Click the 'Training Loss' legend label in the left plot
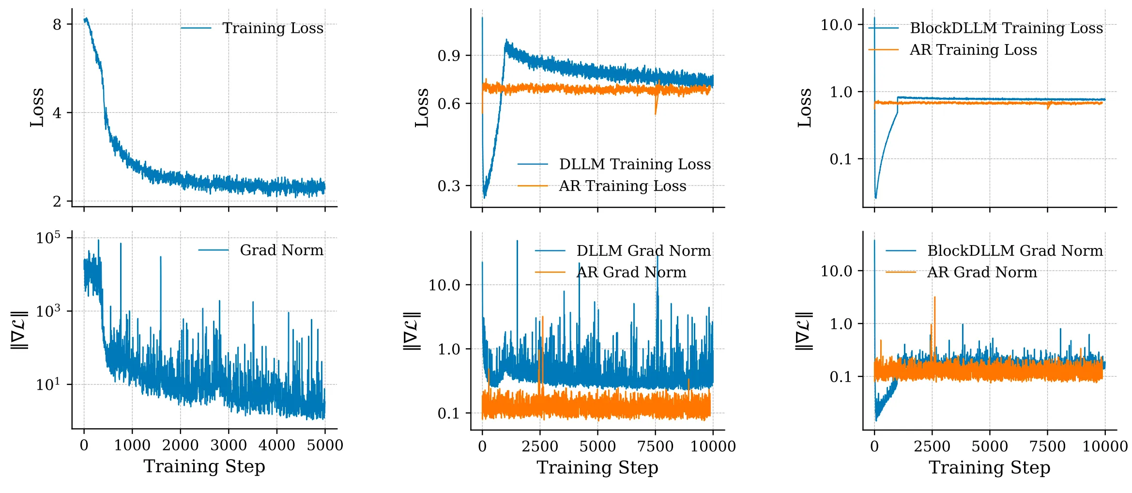273,28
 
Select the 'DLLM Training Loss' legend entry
635,164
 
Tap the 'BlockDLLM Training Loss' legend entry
1006,28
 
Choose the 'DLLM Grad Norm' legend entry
643,251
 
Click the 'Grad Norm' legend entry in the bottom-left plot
281,250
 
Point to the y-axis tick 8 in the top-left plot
57,24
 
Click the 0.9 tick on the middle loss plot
448,56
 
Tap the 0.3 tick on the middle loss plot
448,186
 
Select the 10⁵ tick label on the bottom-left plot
48,238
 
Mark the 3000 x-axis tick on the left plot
229,445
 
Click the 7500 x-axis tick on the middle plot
655,446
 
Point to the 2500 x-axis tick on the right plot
932,446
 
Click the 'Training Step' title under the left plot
204,466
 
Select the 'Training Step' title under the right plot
989,467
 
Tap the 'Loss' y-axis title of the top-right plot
804,108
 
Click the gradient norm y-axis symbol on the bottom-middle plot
412,331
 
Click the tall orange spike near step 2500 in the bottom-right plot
934,298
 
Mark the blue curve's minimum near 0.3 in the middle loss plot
485,197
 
